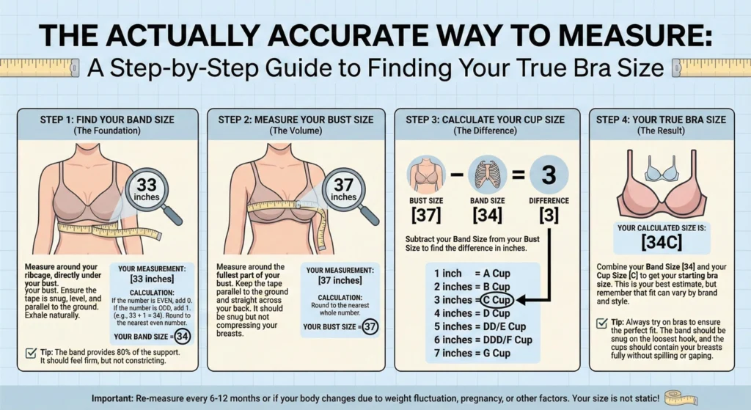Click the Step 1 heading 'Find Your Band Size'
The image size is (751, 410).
tap(108, 120)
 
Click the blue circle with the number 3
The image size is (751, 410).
tap(549, 176)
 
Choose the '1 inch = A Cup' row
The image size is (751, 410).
tap(472, 273)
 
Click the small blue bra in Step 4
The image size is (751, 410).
tap(662, 172)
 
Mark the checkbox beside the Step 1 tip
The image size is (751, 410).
tap(32, 353)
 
